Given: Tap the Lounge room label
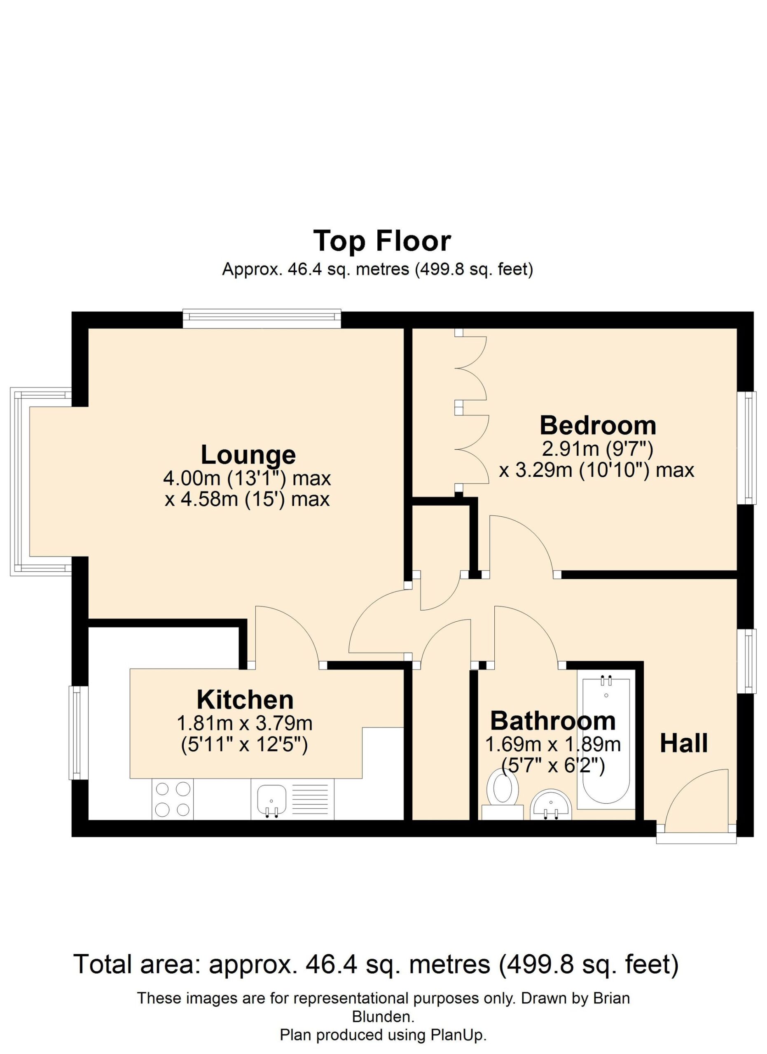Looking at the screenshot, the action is [248, 455].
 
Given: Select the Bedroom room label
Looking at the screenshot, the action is [598, 425].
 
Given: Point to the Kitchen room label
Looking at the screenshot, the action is [245, 700].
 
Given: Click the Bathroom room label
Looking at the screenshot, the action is [553, 721].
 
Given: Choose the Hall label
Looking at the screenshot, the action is [684, 743].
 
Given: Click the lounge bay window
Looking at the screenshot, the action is [41, 481].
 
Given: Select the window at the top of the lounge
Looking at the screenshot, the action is [262, 318].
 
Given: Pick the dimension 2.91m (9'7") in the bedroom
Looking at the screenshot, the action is [598, 449].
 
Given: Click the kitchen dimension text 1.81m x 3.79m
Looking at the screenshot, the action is [245, 723].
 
